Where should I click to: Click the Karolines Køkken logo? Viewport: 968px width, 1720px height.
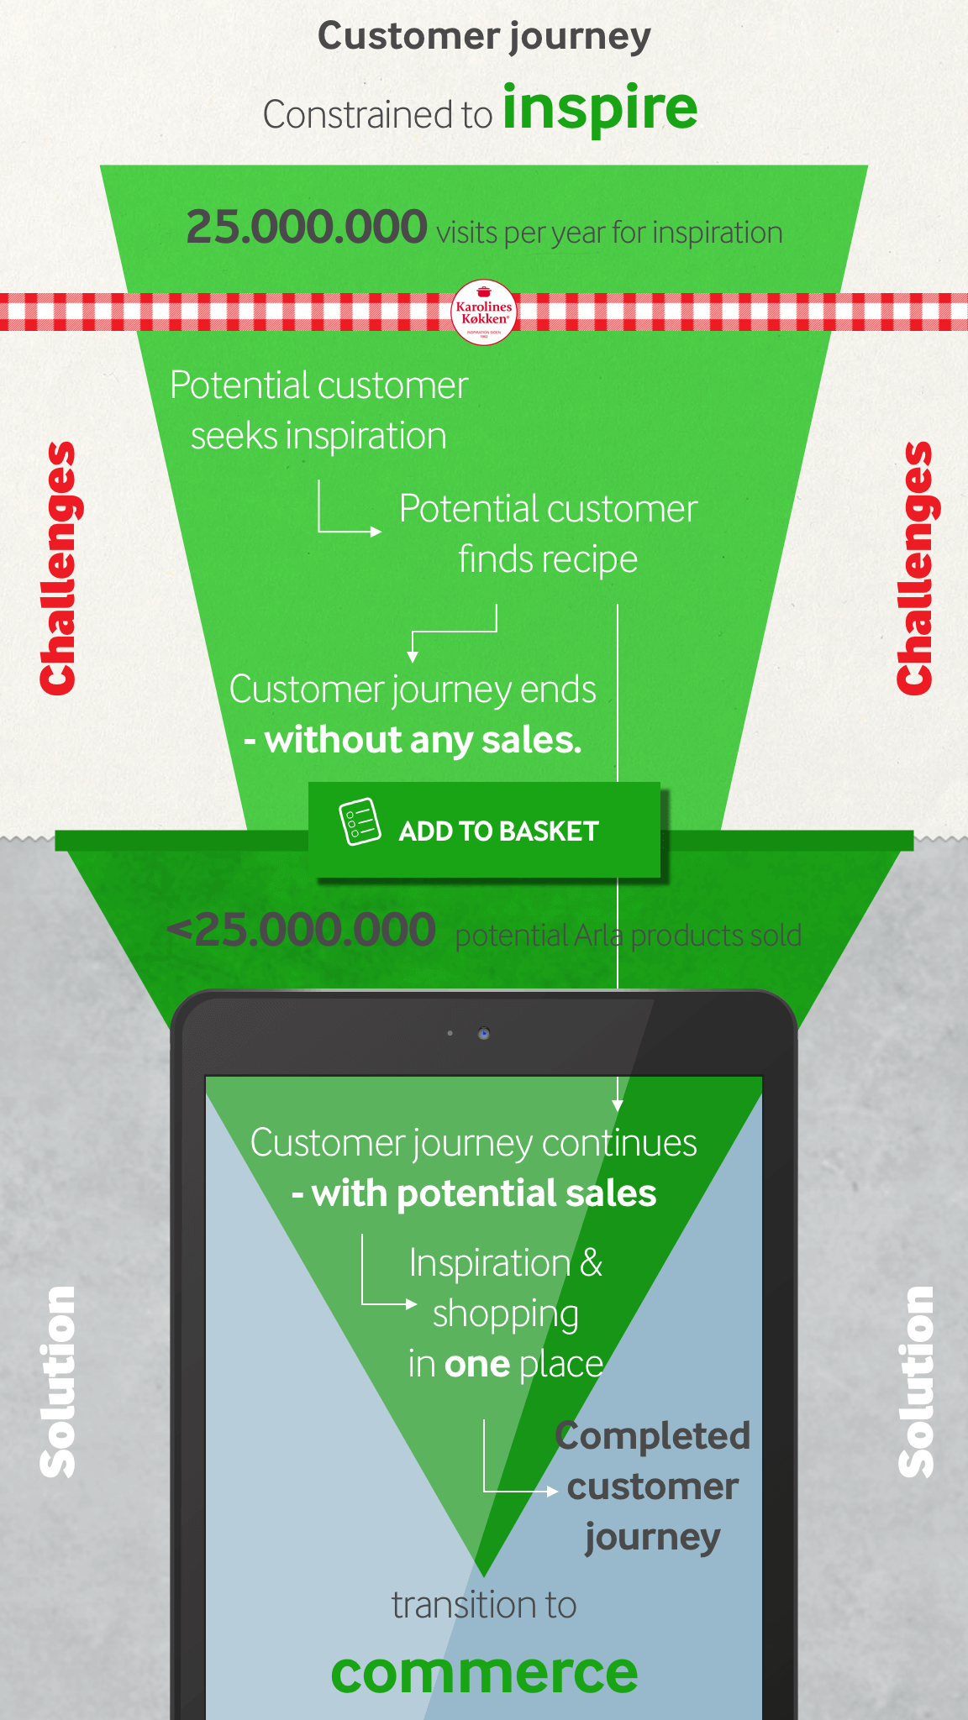tap(484, 312)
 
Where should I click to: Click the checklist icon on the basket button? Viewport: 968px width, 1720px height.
tap(360, 821)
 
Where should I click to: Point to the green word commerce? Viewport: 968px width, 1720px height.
tap(484, 1672)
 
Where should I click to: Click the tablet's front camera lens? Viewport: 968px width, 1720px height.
tap(484, 1033)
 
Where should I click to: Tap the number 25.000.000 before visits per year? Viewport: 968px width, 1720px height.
tap(307, 228)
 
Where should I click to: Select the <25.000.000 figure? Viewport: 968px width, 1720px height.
tap(302, 931)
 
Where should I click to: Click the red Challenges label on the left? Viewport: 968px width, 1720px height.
tap(58, 569)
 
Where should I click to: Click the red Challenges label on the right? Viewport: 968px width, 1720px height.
tap(914, 569)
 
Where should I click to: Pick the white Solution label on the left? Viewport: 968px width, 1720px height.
tap(58, 1382)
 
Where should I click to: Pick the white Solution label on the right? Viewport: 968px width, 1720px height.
tap(916, 1382)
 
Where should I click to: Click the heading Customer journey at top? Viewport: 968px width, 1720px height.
tap(484, 36)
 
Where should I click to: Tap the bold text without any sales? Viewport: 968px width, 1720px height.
tap(423, 740)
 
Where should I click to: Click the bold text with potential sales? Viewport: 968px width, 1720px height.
tap(484, 1193)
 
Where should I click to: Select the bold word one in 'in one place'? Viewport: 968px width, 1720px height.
tap(477, 1365)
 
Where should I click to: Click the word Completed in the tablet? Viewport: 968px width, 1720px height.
tap(653, 1435)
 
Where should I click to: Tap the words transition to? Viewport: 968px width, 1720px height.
tap(484, 1605)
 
